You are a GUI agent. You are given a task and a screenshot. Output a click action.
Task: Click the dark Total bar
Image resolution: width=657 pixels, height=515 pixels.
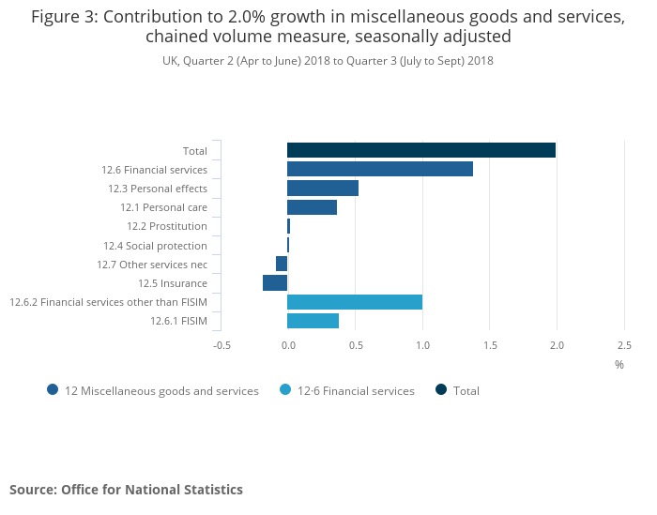click(x=420, y=150)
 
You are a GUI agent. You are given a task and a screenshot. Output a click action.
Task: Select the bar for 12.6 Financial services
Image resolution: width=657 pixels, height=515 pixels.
click(x=379, y=169)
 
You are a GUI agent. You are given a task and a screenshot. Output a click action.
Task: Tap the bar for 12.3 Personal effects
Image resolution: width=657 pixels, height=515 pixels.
click(x=322, y=189)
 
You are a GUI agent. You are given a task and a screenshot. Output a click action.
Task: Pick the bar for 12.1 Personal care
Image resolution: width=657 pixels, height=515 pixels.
click(x=312, y=207)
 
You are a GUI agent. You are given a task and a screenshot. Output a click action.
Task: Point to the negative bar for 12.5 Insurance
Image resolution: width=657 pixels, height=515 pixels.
click(x=275, y=283)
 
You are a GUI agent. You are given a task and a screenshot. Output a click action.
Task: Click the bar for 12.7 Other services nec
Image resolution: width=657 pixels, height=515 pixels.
click(x=282, y=264)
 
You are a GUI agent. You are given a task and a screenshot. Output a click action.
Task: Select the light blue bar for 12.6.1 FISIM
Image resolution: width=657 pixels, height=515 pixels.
click(x=313, y=321)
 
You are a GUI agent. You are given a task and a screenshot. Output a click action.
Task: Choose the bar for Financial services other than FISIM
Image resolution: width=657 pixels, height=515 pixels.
click(x=354, y=302)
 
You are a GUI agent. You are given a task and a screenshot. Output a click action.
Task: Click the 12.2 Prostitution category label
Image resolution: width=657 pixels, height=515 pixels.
click(x=166, y=226)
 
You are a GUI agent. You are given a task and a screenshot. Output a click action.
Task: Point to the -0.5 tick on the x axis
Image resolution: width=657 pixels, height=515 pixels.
click(x=222, y=345)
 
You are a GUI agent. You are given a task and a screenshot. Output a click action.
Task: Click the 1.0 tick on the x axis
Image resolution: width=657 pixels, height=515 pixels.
click(x=422, y=345)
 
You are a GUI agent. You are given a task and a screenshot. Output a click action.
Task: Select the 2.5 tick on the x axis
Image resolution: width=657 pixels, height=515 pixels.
click(x=624, y=345)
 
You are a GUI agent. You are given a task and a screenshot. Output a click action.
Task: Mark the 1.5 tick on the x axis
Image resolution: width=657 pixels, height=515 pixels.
click(x=490, y=345)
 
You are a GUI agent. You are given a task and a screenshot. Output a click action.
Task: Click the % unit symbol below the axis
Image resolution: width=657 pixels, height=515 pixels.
click(x=619, y=364)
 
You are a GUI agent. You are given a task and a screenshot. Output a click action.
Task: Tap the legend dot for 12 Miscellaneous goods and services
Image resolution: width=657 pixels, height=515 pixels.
click(x=53, y=390)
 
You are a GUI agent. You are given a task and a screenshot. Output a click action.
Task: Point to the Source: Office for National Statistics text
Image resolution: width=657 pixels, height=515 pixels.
click(x=126, y=490)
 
